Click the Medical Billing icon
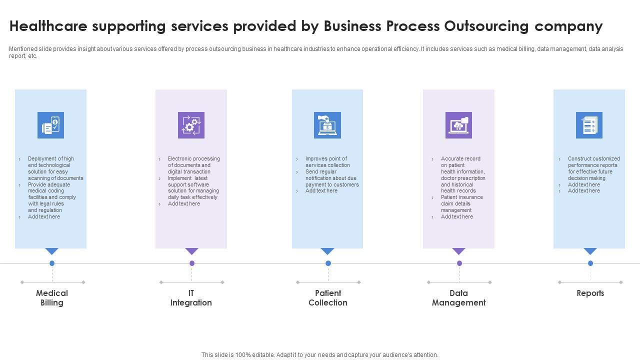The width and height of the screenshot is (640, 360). (50, 125)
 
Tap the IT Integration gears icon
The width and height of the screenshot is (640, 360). (191, 125)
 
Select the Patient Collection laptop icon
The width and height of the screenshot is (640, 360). (327, 125)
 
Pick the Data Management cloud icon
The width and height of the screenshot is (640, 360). (458, 125)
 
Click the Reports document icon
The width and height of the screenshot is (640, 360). (589, 125)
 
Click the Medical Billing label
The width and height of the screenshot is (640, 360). (52, 298)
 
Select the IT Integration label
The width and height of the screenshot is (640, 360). (191, 298)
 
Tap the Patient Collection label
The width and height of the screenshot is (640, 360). (328, 298)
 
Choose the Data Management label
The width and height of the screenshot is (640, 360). (458, 298)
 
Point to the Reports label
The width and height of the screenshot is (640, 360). (590, 293)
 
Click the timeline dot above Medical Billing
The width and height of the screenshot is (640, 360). (52, 263)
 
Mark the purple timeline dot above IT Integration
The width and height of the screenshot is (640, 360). (192, 263)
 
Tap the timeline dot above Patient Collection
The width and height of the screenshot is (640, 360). (328, 263)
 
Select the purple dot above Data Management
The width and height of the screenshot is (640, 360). (459, 263)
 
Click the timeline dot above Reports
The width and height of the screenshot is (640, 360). (590, 263)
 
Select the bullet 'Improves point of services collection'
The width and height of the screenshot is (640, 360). (327, 162)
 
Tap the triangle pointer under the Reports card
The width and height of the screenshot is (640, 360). (590, 251)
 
